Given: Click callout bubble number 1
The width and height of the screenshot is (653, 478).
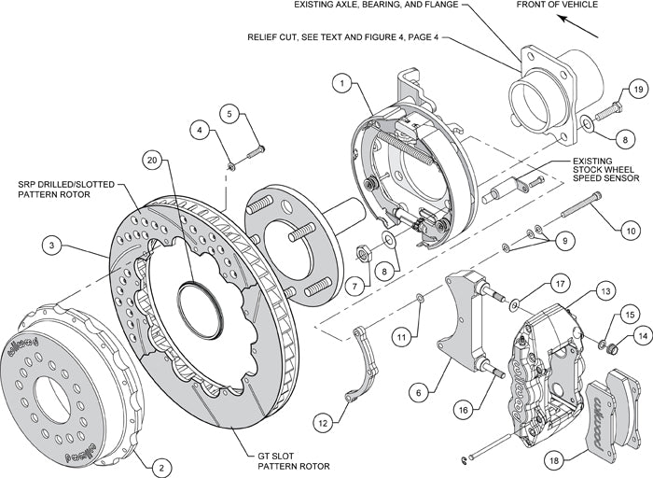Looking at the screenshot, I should tap(343, 84).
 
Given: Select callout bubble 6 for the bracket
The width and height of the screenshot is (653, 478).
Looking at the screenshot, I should tap(421, 394).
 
